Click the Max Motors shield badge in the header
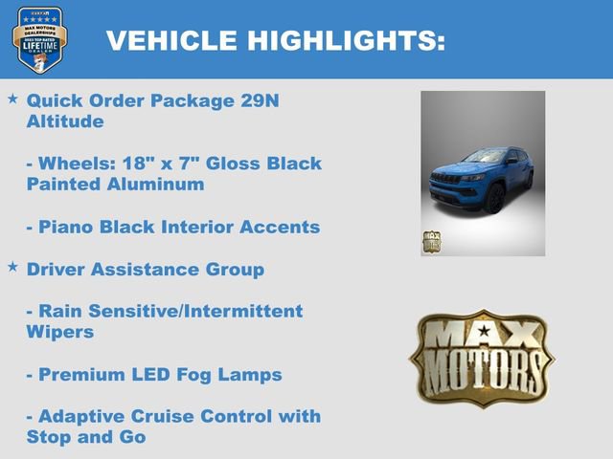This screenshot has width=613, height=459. coord(40,39)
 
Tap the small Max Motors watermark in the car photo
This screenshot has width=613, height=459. coord(432,242)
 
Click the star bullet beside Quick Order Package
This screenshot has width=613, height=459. coord(12,99)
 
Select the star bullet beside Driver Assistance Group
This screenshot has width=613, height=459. coord(12,268)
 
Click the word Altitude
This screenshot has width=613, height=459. coord(64,121)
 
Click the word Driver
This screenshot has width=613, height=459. coord(58,270)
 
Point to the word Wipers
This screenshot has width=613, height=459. coord(59,332)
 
